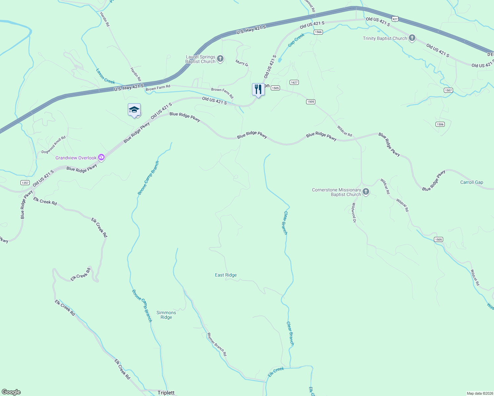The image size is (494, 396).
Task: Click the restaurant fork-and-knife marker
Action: tap(258, 89)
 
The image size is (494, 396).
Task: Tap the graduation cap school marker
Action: tap(134, 110)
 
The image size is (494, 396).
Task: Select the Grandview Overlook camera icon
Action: tap(102, 158)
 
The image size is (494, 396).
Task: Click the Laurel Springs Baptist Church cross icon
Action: tap(221, 59)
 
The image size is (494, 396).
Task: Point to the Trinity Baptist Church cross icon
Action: tap(412, 38)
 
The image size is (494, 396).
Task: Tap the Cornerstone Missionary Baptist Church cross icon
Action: tap(366, 192)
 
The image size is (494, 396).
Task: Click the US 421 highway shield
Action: tap(395, 19)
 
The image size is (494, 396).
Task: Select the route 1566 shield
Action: tap(318, 32)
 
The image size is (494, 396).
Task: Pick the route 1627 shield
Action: tap(294, 82)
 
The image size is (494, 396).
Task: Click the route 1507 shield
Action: tap(448, 90)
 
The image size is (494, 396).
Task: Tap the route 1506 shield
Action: tap(440, 124)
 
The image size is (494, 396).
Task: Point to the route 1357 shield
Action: tap(25, 183)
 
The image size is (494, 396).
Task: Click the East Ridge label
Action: tap(226, 275)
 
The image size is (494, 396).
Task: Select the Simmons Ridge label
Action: tap(166, 315)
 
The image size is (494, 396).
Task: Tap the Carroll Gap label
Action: tap(472, 182)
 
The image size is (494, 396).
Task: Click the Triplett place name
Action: tap(166, 393)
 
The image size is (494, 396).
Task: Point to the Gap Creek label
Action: tap(296, 40)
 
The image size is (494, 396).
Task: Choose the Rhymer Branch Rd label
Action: tap(217, 344)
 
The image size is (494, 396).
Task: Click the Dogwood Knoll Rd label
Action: tap(53, 145)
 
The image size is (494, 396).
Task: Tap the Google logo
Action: tap(11, 392)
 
